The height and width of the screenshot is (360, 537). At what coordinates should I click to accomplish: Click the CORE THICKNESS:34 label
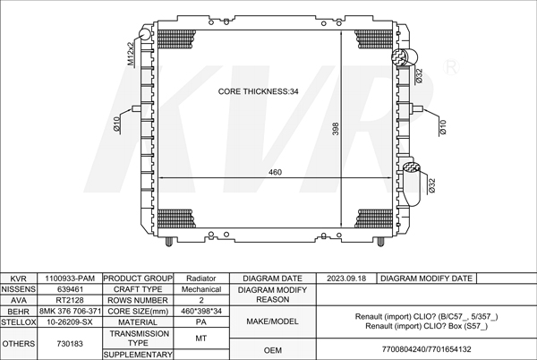coord(259,91)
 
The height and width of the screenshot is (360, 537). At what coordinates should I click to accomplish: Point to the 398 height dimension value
coord(336,129)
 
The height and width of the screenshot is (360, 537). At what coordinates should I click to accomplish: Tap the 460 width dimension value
coord(275,172)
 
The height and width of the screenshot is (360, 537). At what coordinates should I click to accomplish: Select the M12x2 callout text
coord(131,54)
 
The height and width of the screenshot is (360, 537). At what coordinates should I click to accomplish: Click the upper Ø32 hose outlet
coord(405,56)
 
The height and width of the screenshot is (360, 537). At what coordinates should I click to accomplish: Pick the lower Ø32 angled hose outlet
coord(413,184)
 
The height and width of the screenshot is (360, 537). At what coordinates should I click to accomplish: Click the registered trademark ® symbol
coord(451,67)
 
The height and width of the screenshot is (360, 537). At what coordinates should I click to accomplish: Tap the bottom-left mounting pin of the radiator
coord(169,242)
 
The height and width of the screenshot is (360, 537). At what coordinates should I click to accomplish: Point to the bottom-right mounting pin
coord(380,242)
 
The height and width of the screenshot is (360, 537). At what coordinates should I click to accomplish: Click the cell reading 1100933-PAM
coord(70,279)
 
